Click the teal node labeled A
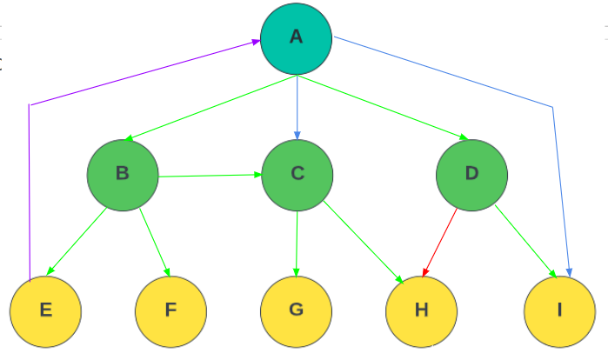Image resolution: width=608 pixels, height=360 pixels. (297, 38)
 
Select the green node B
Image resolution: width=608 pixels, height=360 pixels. (123, 173)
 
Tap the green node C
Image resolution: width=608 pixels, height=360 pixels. (297, 173)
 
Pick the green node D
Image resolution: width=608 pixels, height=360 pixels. (471, 173)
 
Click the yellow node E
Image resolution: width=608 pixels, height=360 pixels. (45, 310)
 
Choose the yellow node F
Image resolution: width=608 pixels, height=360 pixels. (170, 310)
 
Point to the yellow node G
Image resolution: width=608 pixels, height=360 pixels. (296, 310)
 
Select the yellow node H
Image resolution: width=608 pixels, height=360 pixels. (422, 310)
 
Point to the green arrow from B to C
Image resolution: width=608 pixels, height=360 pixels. (210, 176)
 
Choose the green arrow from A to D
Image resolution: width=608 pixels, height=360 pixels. (383, 108)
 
